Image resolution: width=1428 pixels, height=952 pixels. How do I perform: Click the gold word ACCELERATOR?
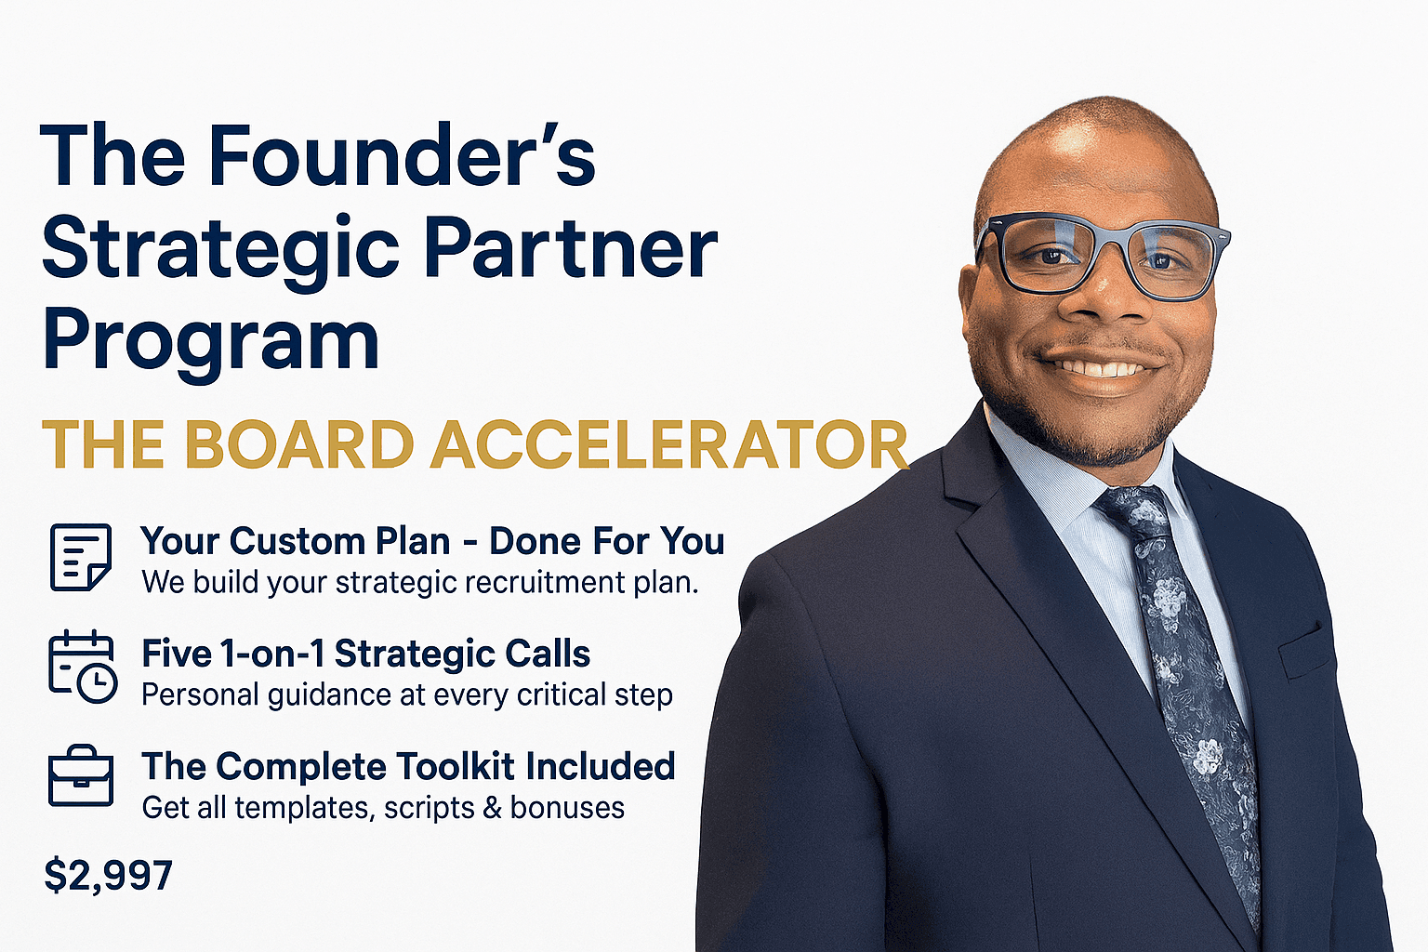668,444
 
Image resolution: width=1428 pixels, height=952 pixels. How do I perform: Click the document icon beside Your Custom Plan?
80,557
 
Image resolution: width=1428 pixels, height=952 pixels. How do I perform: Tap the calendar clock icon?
82,667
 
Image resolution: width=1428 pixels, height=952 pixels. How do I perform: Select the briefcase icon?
81,775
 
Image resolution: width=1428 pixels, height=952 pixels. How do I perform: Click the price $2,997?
109,875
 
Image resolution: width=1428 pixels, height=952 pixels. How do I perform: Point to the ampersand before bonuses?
493,808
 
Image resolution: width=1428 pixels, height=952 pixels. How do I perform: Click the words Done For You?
607,541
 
